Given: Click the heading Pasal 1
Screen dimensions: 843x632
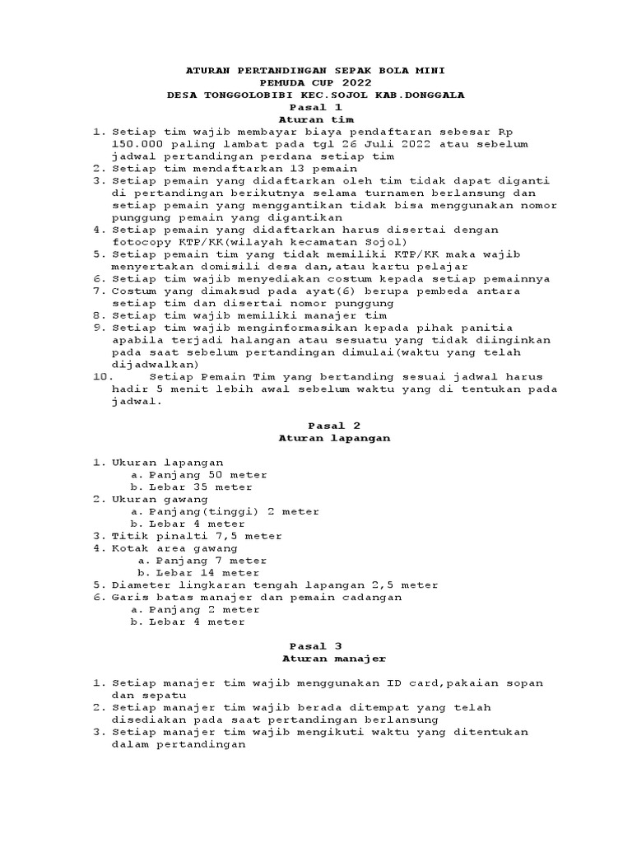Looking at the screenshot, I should (x=315, y=107).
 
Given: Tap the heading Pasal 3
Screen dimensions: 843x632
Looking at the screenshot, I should (x=316, y=646).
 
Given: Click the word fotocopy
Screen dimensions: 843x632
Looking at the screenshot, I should (x=139, y=242).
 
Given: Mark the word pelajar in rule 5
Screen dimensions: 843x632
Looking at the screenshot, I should (x=446, y=267).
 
